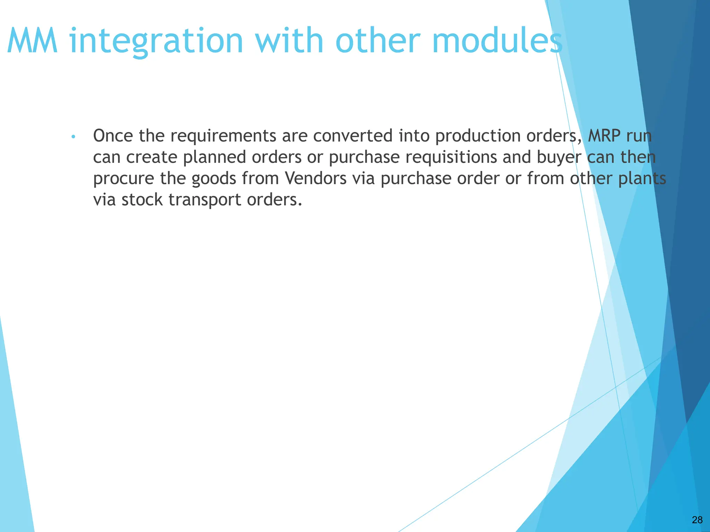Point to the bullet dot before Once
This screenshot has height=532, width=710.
(x=73, y=137)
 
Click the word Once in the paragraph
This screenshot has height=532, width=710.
(x=113, y=136)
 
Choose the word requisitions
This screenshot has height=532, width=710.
(x=451, y=157)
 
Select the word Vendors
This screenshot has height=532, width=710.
(x=315, y=179)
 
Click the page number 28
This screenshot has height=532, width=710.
(x=697, y=520)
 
